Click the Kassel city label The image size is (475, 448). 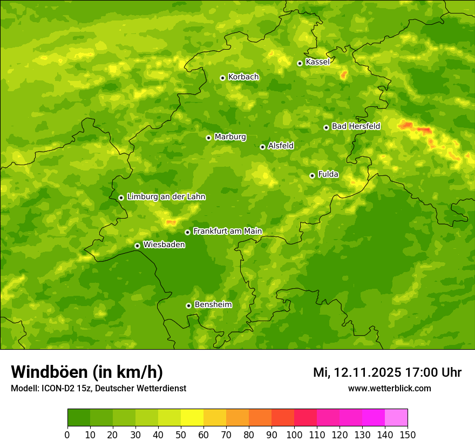click(317, 62)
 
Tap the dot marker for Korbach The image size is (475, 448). click(222, 78)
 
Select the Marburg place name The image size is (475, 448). click(230, 137)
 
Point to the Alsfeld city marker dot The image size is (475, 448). click(262, 147)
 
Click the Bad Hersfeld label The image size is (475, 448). click(356, 126)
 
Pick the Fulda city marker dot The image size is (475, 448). click(312, 175)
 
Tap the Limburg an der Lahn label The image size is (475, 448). click(166, 197)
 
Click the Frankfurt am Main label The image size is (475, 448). click(227, 231)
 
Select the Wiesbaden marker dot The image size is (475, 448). click(137, 246)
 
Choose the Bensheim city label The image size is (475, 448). click(213, 304)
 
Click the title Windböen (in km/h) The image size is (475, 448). click(87, 372)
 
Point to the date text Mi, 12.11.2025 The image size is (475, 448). click(357, 372)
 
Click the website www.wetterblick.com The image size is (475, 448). click(389, 388)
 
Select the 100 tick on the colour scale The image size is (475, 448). click(294, 435)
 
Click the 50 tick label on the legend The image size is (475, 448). click(181, 435)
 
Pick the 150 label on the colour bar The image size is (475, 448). click(408, 435)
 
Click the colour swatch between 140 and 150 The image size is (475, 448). click(396, 417)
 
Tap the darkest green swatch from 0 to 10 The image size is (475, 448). click(79, 417)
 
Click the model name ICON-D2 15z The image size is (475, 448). click(63, 388)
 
